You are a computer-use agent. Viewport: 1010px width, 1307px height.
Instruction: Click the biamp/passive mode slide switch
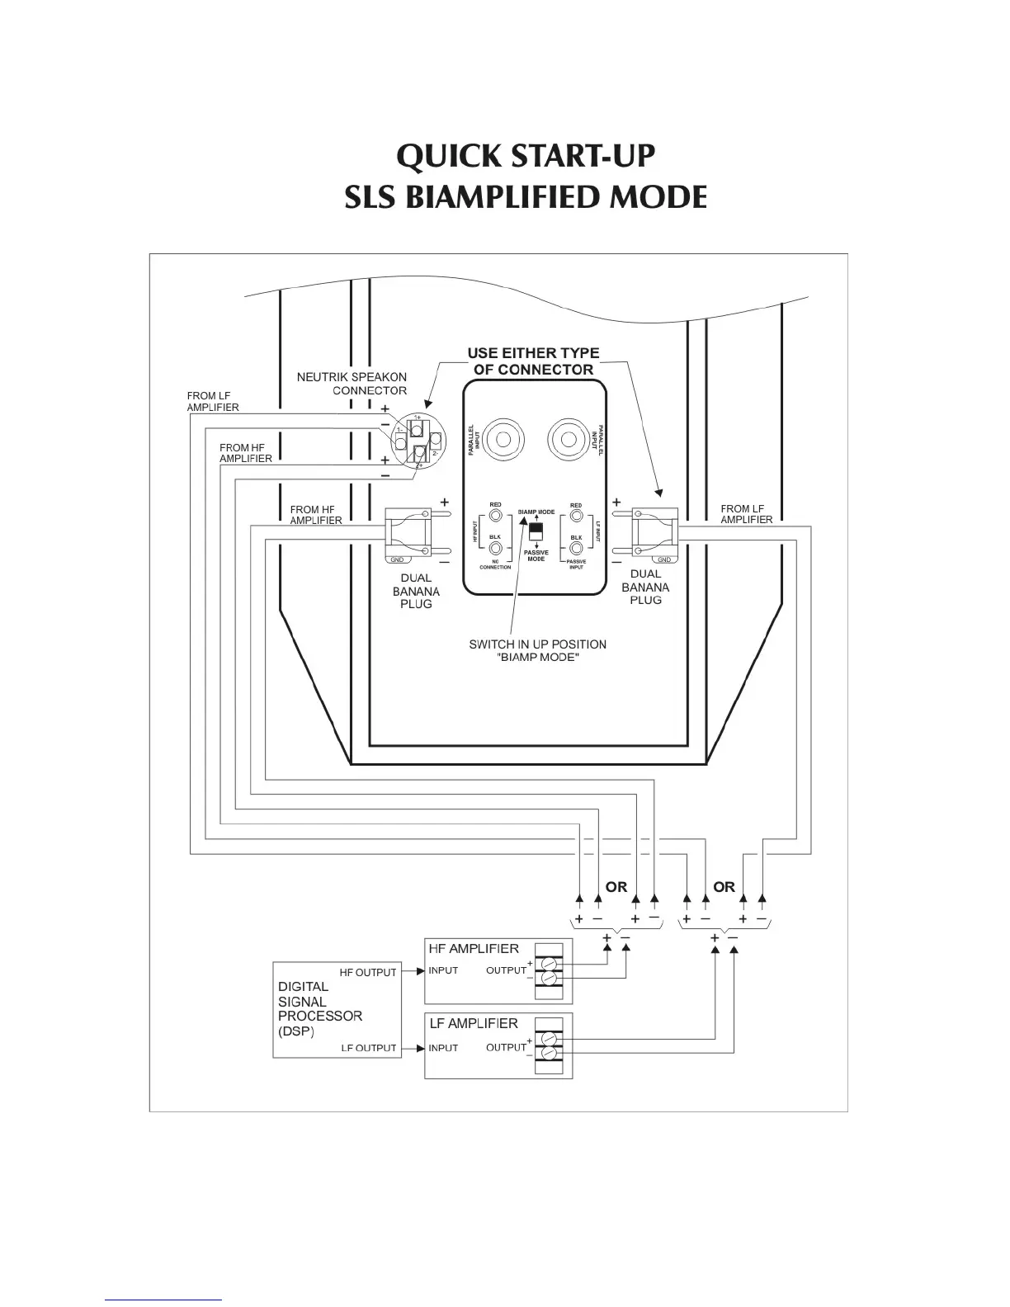point(536,530)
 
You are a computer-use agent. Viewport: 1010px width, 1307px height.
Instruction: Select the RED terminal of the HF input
point(495,517)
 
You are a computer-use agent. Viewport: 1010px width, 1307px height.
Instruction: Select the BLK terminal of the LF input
point(576,548)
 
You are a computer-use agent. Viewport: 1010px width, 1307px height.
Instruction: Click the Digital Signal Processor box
point(336,1008)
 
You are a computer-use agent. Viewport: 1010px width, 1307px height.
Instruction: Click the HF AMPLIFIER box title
point(474,949)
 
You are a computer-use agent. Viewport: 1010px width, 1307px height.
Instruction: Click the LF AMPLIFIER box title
point(474,1023)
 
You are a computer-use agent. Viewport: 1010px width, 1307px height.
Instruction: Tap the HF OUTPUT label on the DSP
point(368,972)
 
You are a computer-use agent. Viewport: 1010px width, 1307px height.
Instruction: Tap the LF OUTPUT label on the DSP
point(369,1048)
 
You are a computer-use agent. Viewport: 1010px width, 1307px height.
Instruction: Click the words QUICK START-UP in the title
point(526,156)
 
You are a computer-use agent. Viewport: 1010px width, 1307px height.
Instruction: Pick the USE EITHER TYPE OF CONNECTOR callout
point(534,361)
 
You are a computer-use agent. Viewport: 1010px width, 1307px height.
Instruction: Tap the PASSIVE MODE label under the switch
point(536,556)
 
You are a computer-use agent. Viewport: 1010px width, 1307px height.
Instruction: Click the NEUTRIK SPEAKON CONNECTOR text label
point(352,384)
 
